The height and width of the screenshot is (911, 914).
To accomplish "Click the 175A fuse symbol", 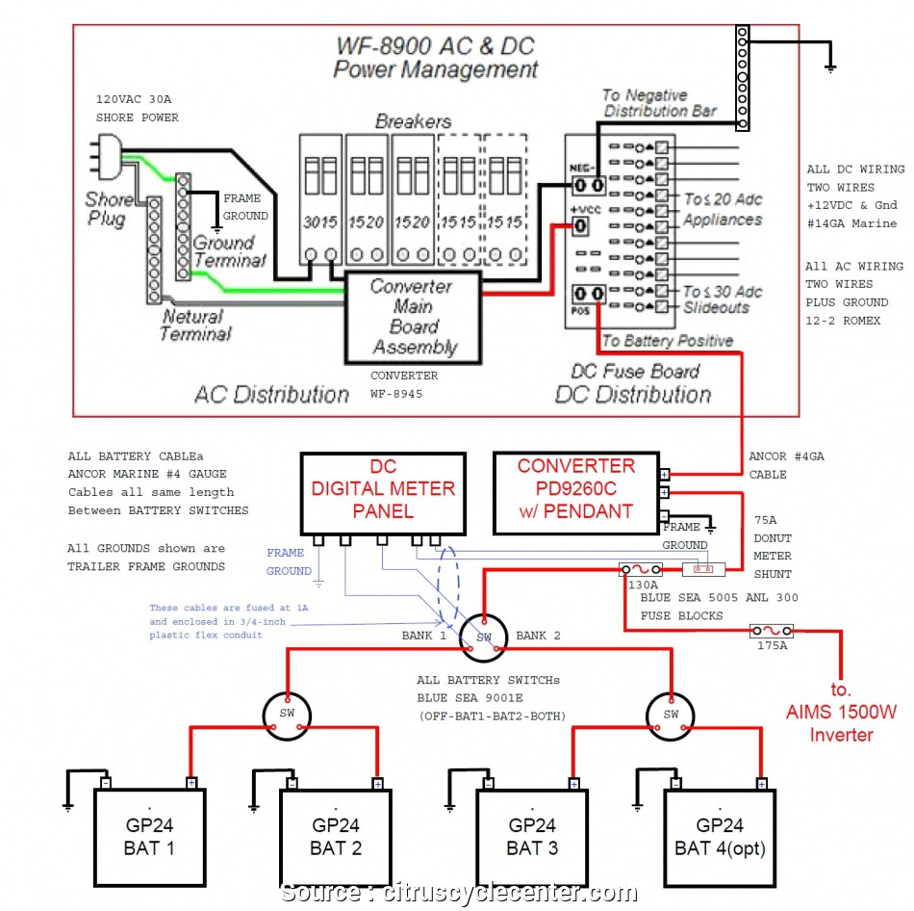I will (x=772, y=632).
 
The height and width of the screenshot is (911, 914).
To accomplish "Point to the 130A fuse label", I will (x=643, y=584).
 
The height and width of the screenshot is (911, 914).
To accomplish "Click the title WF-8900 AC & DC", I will (x=435, y=46).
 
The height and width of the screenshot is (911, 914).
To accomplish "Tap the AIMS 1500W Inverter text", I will (x=834, y=724).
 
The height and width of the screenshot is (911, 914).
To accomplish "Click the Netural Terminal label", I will (x=194, y=325).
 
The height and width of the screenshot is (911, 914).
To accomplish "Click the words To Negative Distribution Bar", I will (x=658, y=103).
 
